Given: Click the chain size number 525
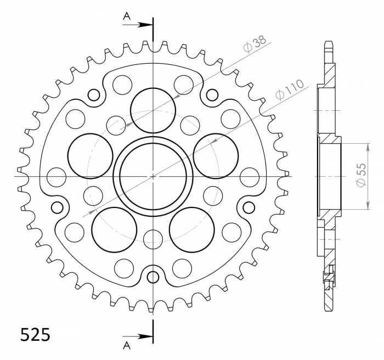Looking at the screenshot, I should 35,334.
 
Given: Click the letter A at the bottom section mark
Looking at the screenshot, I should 127,345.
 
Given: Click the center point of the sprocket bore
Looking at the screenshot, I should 153,176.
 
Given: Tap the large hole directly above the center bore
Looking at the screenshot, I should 153,110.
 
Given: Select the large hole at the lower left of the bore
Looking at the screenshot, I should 114,229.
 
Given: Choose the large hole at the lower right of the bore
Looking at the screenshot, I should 192,229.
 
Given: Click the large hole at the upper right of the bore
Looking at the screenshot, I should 216,156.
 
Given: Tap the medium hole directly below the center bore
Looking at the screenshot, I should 153,237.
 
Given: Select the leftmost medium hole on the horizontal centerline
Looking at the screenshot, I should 57,177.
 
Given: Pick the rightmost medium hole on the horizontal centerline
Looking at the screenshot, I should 250,177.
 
